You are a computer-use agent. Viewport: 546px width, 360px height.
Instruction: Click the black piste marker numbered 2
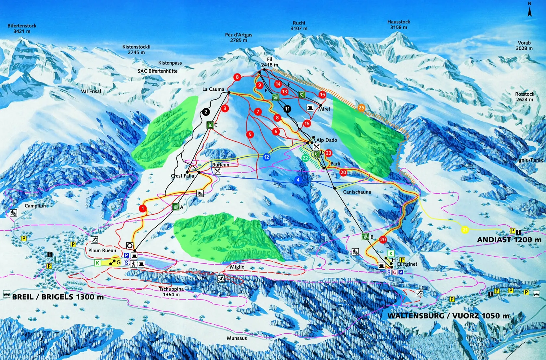(x=206, y=112)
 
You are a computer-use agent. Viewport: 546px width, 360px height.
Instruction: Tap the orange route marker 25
(x=361, y=108)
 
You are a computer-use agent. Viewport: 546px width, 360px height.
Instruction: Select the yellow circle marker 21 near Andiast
(x=465, y=230)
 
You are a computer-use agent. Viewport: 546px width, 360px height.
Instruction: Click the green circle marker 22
(x=305, y=158)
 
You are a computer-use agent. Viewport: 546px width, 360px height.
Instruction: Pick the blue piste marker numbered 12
(x=266, y=157)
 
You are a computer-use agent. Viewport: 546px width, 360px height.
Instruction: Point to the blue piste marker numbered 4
(x=298, y=180)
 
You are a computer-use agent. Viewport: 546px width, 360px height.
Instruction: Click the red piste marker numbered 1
(x=143, y=208)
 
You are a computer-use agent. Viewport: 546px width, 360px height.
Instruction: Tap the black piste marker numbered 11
(x=287, y=109)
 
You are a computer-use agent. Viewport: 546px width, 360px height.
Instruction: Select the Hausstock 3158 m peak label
(x=398, y=24)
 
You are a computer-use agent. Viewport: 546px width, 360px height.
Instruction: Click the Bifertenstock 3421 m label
(x=22, y=28)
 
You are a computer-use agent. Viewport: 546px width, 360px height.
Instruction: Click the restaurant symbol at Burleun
(x=217, y=171)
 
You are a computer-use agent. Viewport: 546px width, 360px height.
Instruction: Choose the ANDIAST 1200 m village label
(x=509, y=240)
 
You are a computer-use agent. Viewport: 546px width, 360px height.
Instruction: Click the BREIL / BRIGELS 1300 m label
(x=58, y=297)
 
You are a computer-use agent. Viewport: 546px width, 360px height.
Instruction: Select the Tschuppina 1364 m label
(x=171, y=292)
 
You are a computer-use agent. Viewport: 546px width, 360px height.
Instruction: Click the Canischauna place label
(x=357, y=192)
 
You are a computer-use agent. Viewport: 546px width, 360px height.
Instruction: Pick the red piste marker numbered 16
(x=307, y=124)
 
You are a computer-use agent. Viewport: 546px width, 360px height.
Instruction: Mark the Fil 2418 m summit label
(x=269, y=62)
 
